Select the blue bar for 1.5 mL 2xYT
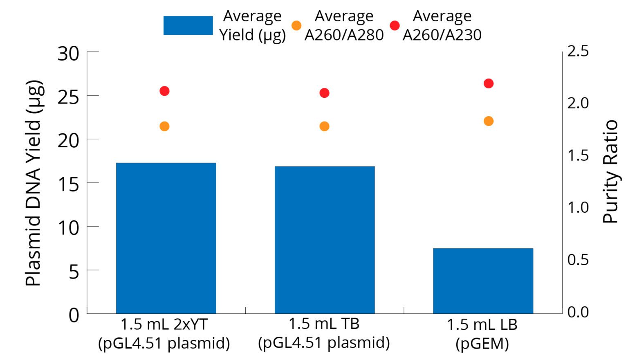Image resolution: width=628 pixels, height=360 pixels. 166,238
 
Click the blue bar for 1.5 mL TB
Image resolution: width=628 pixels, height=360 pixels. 325,240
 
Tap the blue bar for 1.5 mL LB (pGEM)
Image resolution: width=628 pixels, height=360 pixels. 483,281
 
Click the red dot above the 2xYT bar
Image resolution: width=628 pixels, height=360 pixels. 164,91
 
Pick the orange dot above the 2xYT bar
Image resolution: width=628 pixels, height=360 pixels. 164,126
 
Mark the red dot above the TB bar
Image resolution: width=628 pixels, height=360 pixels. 324,93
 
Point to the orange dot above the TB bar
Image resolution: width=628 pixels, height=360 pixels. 324,126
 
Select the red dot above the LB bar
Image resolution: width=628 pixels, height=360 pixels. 489,83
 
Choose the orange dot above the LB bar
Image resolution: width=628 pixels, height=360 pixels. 489,121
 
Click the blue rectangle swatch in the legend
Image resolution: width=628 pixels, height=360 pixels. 188,25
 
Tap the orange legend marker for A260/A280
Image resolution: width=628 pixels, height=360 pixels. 296,25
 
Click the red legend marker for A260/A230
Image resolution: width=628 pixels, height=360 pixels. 395,25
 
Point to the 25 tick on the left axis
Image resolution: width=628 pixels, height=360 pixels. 68,97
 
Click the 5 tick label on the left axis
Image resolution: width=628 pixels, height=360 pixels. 74,271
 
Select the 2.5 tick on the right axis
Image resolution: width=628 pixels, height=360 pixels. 578,51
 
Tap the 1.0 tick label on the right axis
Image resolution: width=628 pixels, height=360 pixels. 578,207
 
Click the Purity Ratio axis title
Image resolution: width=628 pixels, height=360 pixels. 610,172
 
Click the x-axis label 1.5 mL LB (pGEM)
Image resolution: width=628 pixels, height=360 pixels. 482,334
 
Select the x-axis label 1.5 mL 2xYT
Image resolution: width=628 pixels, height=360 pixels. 164,334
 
